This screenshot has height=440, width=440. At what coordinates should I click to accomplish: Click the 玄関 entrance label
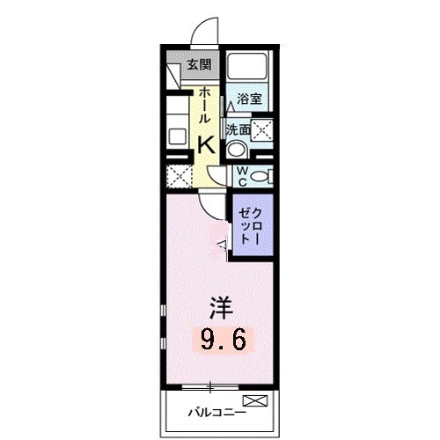pyautogui.click(x=198, y=63)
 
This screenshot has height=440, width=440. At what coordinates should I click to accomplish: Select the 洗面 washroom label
pyautogui.click(x=237, y=129)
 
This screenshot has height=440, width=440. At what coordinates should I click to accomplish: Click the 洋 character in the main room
pyautogui.click(x=220, y=308)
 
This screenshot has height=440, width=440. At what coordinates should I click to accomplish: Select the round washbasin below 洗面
pyautogui.click(x=235, y=149)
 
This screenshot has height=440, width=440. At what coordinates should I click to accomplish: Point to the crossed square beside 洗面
pyautogui.click(x=262, y=131)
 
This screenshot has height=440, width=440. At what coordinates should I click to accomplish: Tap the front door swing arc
pyautogui.click(x=204, y=33)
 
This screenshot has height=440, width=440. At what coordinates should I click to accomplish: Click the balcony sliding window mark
pyautogui.click(x=210, y=386)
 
